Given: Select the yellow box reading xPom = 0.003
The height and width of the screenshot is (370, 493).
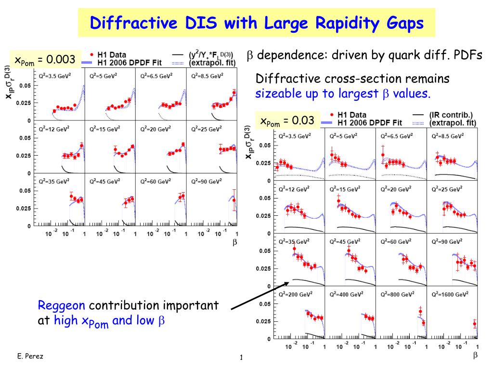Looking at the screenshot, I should tap(45, 60).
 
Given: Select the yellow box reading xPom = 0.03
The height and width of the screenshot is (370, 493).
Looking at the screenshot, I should tap(287, 120).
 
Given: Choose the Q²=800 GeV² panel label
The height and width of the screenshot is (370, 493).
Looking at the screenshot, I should tap(397, 294).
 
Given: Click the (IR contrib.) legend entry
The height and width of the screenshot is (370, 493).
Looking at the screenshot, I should tap(452, 115).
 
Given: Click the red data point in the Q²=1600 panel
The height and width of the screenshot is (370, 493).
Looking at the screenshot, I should tap(474, 324).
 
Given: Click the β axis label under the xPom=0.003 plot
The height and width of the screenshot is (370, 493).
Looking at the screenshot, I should tap(235, 243).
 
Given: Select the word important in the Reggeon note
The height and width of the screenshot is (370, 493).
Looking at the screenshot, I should tap(190, 305).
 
